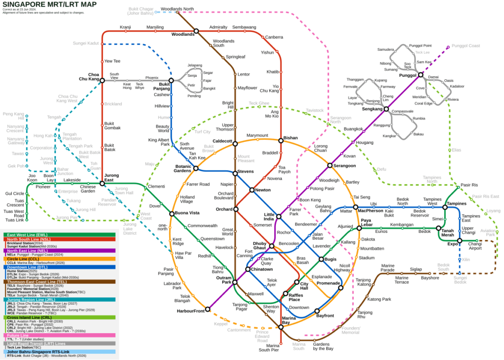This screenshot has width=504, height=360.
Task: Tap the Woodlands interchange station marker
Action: point(196,31)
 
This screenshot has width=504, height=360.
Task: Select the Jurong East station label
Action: point(112,178)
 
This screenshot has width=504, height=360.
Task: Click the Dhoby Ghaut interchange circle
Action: point(272,246)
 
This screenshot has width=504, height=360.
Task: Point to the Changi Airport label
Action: point(475,246)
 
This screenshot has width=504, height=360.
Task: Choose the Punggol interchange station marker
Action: point(420,75)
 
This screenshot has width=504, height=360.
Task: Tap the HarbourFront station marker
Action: point(207,309)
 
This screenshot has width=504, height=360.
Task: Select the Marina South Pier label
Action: point(269,348)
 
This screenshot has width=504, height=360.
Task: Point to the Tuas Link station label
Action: point(15,220)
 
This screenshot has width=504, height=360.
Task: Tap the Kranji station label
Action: point(125,27)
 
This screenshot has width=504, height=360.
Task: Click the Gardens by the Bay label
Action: point(323,346)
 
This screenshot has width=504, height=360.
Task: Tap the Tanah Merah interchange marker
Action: point(438,228)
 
